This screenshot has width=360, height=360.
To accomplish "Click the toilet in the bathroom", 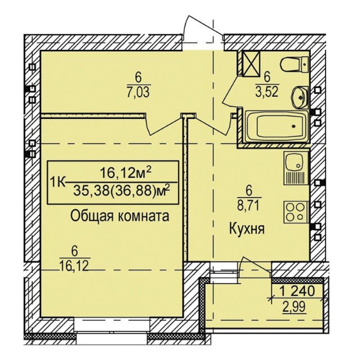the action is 295,64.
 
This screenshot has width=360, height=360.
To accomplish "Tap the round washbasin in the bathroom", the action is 300,97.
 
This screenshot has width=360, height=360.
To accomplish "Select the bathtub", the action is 276,126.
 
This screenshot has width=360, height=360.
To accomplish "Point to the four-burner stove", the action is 296,211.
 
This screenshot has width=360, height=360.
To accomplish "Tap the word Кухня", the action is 247,229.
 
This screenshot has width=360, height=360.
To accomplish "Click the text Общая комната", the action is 120,216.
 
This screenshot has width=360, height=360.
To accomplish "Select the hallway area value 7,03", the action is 138,92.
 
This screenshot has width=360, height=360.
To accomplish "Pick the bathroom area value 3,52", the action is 267,92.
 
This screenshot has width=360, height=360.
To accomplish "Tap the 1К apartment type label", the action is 57,183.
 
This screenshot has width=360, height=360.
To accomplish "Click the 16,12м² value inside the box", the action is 126,172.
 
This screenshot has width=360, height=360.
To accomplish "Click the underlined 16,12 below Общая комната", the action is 74,266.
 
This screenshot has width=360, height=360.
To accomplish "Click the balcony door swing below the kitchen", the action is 255,266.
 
